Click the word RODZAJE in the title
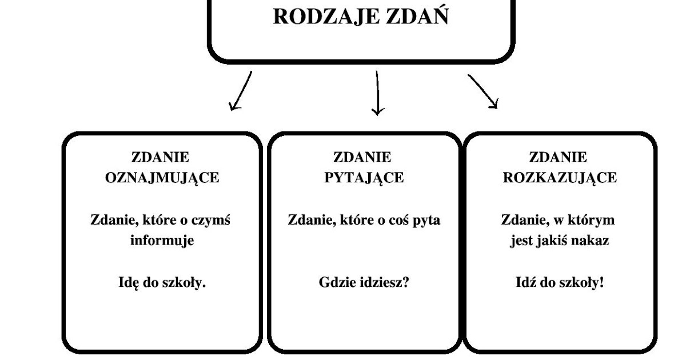click(317, 16)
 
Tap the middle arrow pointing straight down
click(377, 93)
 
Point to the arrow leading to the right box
click(483, 91)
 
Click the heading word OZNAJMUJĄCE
click(162, 178)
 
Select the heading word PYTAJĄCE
click(364, 178)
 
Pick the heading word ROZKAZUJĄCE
click(560, 178)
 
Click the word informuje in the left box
click(162, 241)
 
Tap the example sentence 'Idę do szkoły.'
click(162, 282)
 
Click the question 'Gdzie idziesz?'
click(364, 282)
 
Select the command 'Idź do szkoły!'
click(560, 282)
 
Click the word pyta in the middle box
click(427, 220)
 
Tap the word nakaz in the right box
click(593, 241)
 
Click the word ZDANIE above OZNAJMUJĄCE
click(161, 157)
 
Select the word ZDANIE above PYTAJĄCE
click(362, 157)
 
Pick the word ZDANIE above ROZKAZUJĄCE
click(559, 157)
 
